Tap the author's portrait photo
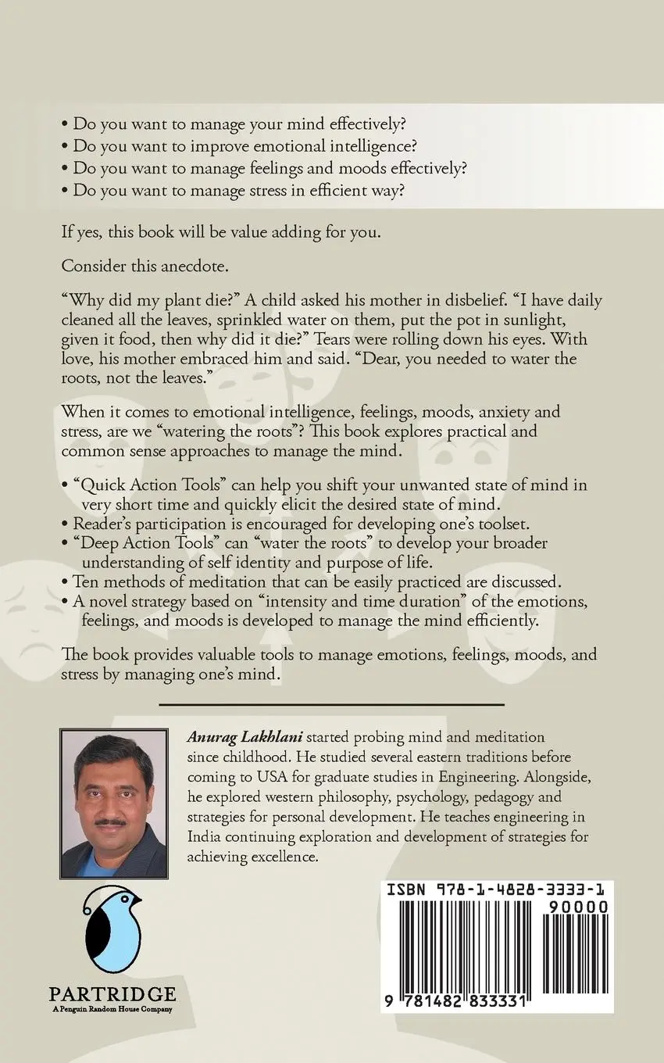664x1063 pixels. tap(114, 804)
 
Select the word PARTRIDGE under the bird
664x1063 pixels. tap(112, 995)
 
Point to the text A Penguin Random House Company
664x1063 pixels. tap(112, 1009)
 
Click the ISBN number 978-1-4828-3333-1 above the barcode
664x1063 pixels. tap(496, 889)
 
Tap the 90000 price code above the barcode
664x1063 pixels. tap(573, 907)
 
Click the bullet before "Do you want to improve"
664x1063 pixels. tap(65, 146)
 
